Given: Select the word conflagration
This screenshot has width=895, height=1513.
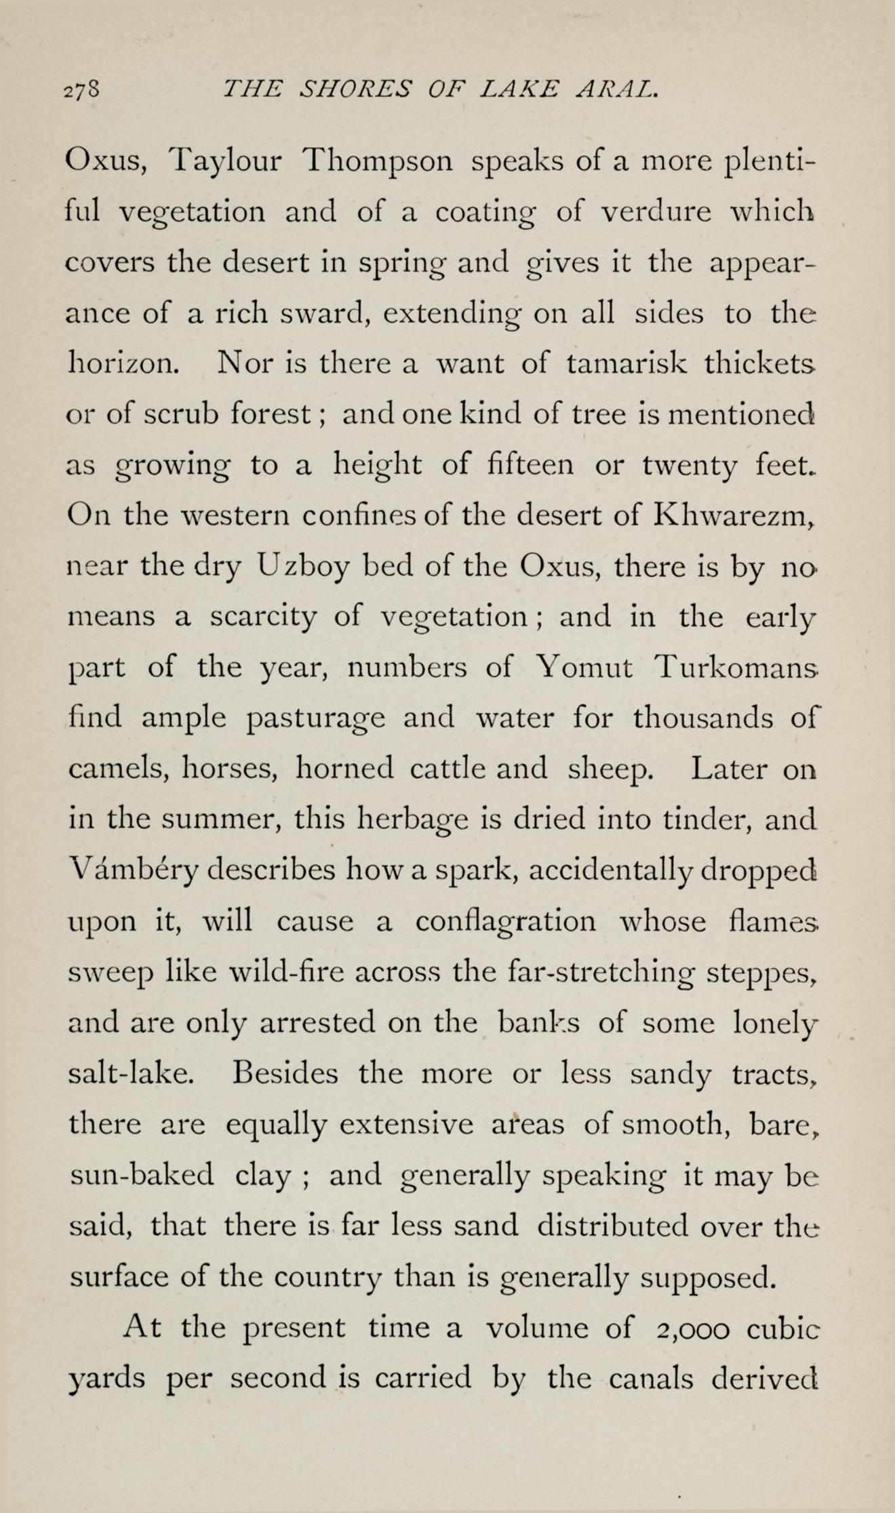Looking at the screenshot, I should pyautogui.click(x=506, y=922).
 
